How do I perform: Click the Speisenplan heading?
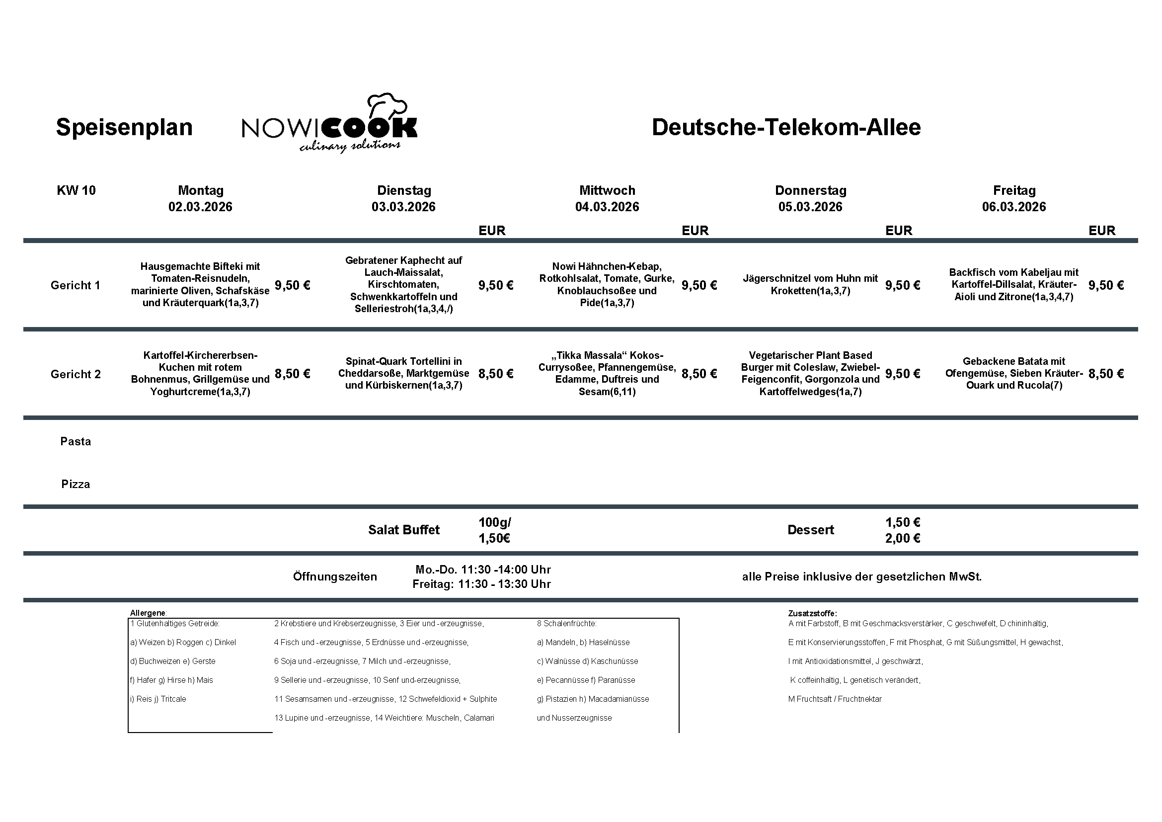124,127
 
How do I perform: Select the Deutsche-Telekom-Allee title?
786,127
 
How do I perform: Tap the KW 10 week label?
76,190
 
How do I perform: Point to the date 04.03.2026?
607,207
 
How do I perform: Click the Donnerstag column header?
810,190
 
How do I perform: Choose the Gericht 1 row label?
76,285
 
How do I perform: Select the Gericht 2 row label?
76,374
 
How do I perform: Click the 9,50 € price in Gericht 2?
902,374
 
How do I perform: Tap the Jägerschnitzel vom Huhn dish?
810,284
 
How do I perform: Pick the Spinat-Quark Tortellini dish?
403,373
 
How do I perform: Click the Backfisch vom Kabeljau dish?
1014,284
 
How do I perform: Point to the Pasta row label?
76,441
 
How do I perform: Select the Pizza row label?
76,484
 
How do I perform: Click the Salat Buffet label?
403,530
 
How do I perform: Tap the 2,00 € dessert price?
902,538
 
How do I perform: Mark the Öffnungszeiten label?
334,576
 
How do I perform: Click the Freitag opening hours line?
481,584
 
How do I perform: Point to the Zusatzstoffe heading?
812,613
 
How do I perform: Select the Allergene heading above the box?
148,613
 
